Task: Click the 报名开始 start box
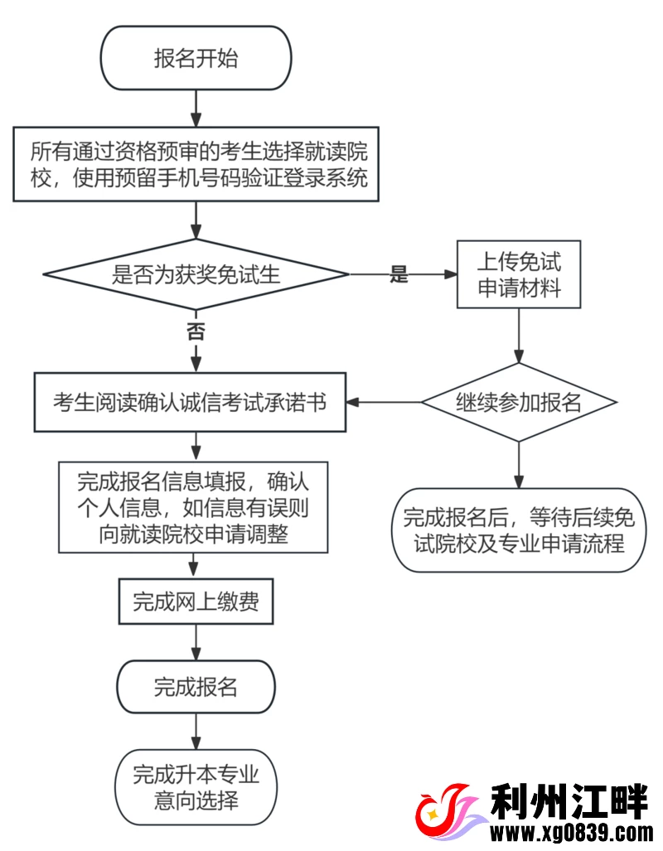tap(196, 59)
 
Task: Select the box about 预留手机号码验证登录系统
tap(196, 164)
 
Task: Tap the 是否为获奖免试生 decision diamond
tap(196, 275)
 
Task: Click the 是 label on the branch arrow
tap(399, 275)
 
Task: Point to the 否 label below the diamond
tap(196, 332)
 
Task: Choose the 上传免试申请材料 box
tap(519, 275)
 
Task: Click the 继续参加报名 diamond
tap(519, 403)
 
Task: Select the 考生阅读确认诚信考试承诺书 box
tap(190, 403)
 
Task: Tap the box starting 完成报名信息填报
tap(193, 507)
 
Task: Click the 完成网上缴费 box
tap(196, 602)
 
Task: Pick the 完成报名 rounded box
tap(196, 687)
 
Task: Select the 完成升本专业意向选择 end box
tap(196, 788)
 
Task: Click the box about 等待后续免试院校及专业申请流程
tap(519, 530)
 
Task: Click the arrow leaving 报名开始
tap(196, 107)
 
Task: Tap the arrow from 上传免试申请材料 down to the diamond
tap(519, 336)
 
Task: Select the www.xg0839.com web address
tap(572, 833)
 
